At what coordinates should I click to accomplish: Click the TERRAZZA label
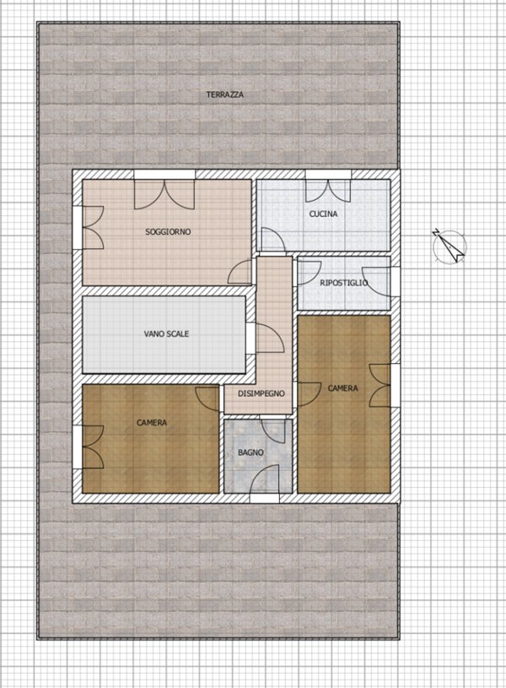pos(225,95)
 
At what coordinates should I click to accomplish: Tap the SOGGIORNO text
pos(168,231)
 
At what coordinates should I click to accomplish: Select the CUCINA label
pos(323,214)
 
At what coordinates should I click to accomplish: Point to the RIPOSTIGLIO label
pos(344,283)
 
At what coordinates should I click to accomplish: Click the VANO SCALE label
pos(166,334)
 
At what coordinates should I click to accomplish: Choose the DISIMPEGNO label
pos(261,393)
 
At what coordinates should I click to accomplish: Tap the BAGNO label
pos(250,452)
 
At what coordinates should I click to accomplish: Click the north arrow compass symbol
pos(449,246)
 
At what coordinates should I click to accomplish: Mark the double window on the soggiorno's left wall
pos(89,228)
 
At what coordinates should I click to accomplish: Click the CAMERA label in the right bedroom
pos(343,387)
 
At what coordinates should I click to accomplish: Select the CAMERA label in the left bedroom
pos(152,423)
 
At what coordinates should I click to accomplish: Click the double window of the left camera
pos(89,447)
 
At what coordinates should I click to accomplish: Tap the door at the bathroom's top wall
pos(272,430)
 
